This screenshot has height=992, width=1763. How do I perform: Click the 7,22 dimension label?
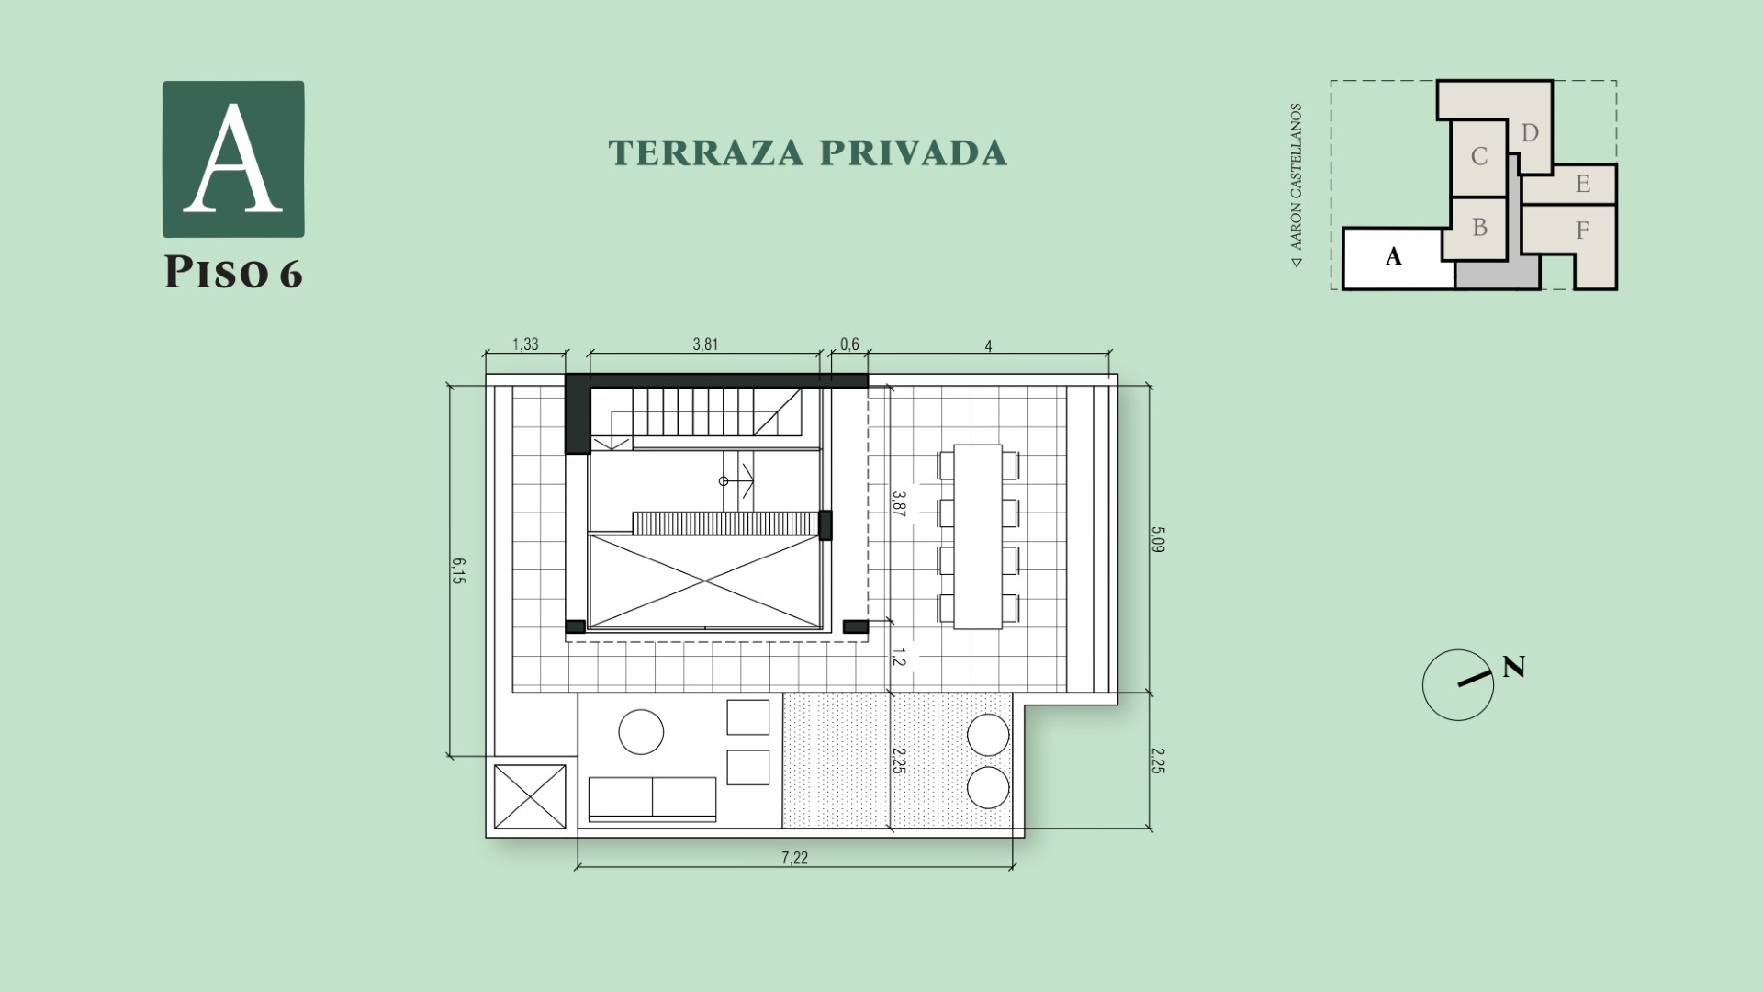click(794, 858)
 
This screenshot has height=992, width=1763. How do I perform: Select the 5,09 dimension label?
click(1158, 538)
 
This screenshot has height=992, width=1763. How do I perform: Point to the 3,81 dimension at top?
click(704, 345)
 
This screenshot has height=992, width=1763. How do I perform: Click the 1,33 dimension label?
click(525, 345)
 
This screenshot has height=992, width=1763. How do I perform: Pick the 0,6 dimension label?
click(849, 345)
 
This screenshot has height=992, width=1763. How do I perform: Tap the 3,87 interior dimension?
click(900, 505)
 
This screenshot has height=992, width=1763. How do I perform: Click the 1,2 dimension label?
click(900, 658)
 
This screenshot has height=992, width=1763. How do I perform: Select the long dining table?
click(978, 536)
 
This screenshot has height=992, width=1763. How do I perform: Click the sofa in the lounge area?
click(652, 798)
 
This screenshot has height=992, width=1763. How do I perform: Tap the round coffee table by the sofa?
click(641, 732)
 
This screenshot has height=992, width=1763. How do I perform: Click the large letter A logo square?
click(233, 159)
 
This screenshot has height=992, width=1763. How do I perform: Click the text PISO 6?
click(233, 273)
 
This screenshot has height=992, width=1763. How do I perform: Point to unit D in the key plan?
click(1530, 134)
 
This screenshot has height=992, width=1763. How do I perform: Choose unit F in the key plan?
click(1582, 231)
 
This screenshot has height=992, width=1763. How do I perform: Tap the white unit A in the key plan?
click(1394, 258)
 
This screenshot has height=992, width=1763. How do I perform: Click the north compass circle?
click(1457, 685)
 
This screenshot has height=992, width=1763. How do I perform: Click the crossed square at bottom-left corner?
click(530, 797)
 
